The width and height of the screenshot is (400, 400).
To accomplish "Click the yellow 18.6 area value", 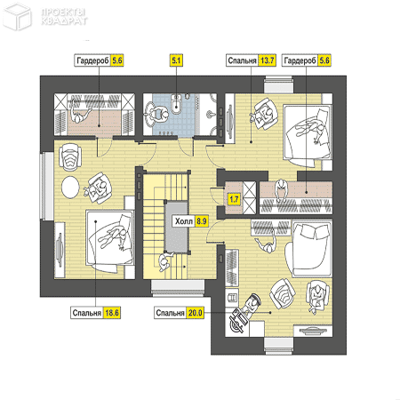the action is coord(112,313).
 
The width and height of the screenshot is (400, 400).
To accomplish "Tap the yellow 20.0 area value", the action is coord(196,313).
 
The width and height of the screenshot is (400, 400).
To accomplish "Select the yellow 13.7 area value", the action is coord(267,60).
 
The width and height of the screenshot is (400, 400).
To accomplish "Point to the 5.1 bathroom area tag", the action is coord(176,60).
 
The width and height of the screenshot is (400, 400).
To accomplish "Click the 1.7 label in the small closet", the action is coord(234,199).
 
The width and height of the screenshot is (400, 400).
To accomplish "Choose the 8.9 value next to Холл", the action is coord(202,221).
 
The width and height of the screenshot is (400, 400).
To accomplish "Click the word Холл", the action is coord(184,221).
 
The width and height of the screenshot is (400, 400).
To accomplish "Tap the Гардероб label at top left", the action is coord(92,60).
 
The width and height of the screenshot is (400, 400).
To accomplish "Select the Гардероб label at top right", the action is coord(300,60).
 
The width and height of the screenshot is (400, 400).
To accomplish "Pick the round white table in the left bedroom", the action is coord(70,188).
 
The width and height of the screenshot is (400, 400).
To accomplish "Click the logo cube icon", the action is coord(18,16).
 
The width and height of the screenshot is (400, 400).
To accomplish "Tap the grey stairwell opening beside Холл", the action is coord(176,226).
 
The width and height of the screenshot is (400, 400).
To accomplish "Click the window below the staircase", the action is coord(178,287).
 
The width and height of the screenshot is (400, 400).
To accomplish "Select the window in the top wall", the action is coord(278,84).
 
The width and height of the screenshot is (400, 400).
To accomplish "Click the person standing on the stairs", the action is coord(164,261).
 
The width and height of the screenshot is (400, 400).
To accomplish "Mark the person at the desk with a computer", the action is coord(252,305).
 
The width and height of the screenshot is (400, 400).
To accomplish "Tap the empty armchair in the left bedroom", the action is coord(70,156).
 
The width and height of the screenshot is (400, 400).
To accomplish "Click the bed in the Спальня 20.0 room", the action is coord(308,248).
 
